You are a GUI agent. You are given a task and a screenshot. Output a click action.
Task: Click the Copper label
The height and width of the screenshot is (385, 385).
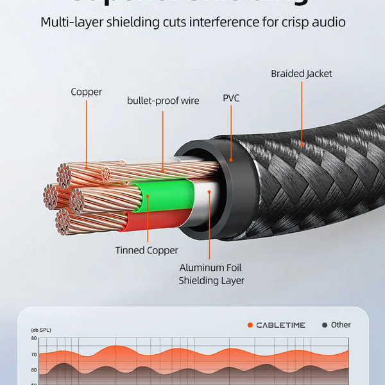(86, 92)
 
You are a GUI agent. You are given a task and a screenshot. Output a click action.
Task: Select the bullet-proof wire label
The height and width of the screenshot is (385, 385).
(163, 100)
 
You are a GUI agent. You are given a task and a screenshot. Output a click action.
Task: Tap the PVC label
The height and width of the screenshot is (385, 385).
(231, 98)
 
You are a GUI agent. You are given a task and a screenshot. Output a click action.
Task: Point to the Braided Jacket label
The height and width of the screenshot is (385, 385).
(301, 74)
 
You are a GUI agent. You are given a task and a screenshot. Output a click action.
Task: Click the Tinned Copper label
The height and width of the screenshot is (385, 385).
(146, 250)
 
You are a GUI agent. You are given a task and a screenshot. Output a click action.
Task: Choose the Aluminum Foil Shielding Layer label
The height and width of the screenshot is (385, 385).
(211, 273)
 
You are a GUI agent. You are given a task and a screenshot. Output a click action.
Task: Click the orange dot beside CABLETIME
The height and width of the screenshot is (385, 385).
(250, 325)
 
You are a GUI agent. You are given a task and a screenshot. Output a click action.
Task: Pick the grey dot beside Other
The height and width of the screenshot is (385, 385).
(324, 325)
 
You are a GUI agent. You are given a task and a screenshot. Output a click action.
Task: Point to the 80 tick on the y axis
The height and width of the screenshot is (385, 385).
(33, 338)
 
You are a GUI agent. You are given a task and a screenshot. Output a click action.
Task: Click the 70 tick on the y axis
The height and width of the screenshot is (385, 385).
(33, 354)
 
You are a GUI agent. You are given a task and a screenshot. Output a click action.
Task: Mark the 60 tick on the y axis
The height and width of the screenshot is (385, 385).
(33, 370)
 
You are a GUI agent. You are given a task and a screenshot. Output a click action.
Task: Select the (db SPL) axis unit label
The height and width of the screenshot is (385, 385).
(40, 330)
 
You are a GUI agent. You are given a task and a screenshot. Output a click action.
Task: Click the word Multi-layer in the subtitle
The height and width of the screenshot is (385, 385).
(71, 22)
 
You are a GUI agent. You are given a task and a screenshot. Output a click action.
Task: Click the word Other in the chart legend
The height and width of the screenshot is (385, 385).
(341, 325)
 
